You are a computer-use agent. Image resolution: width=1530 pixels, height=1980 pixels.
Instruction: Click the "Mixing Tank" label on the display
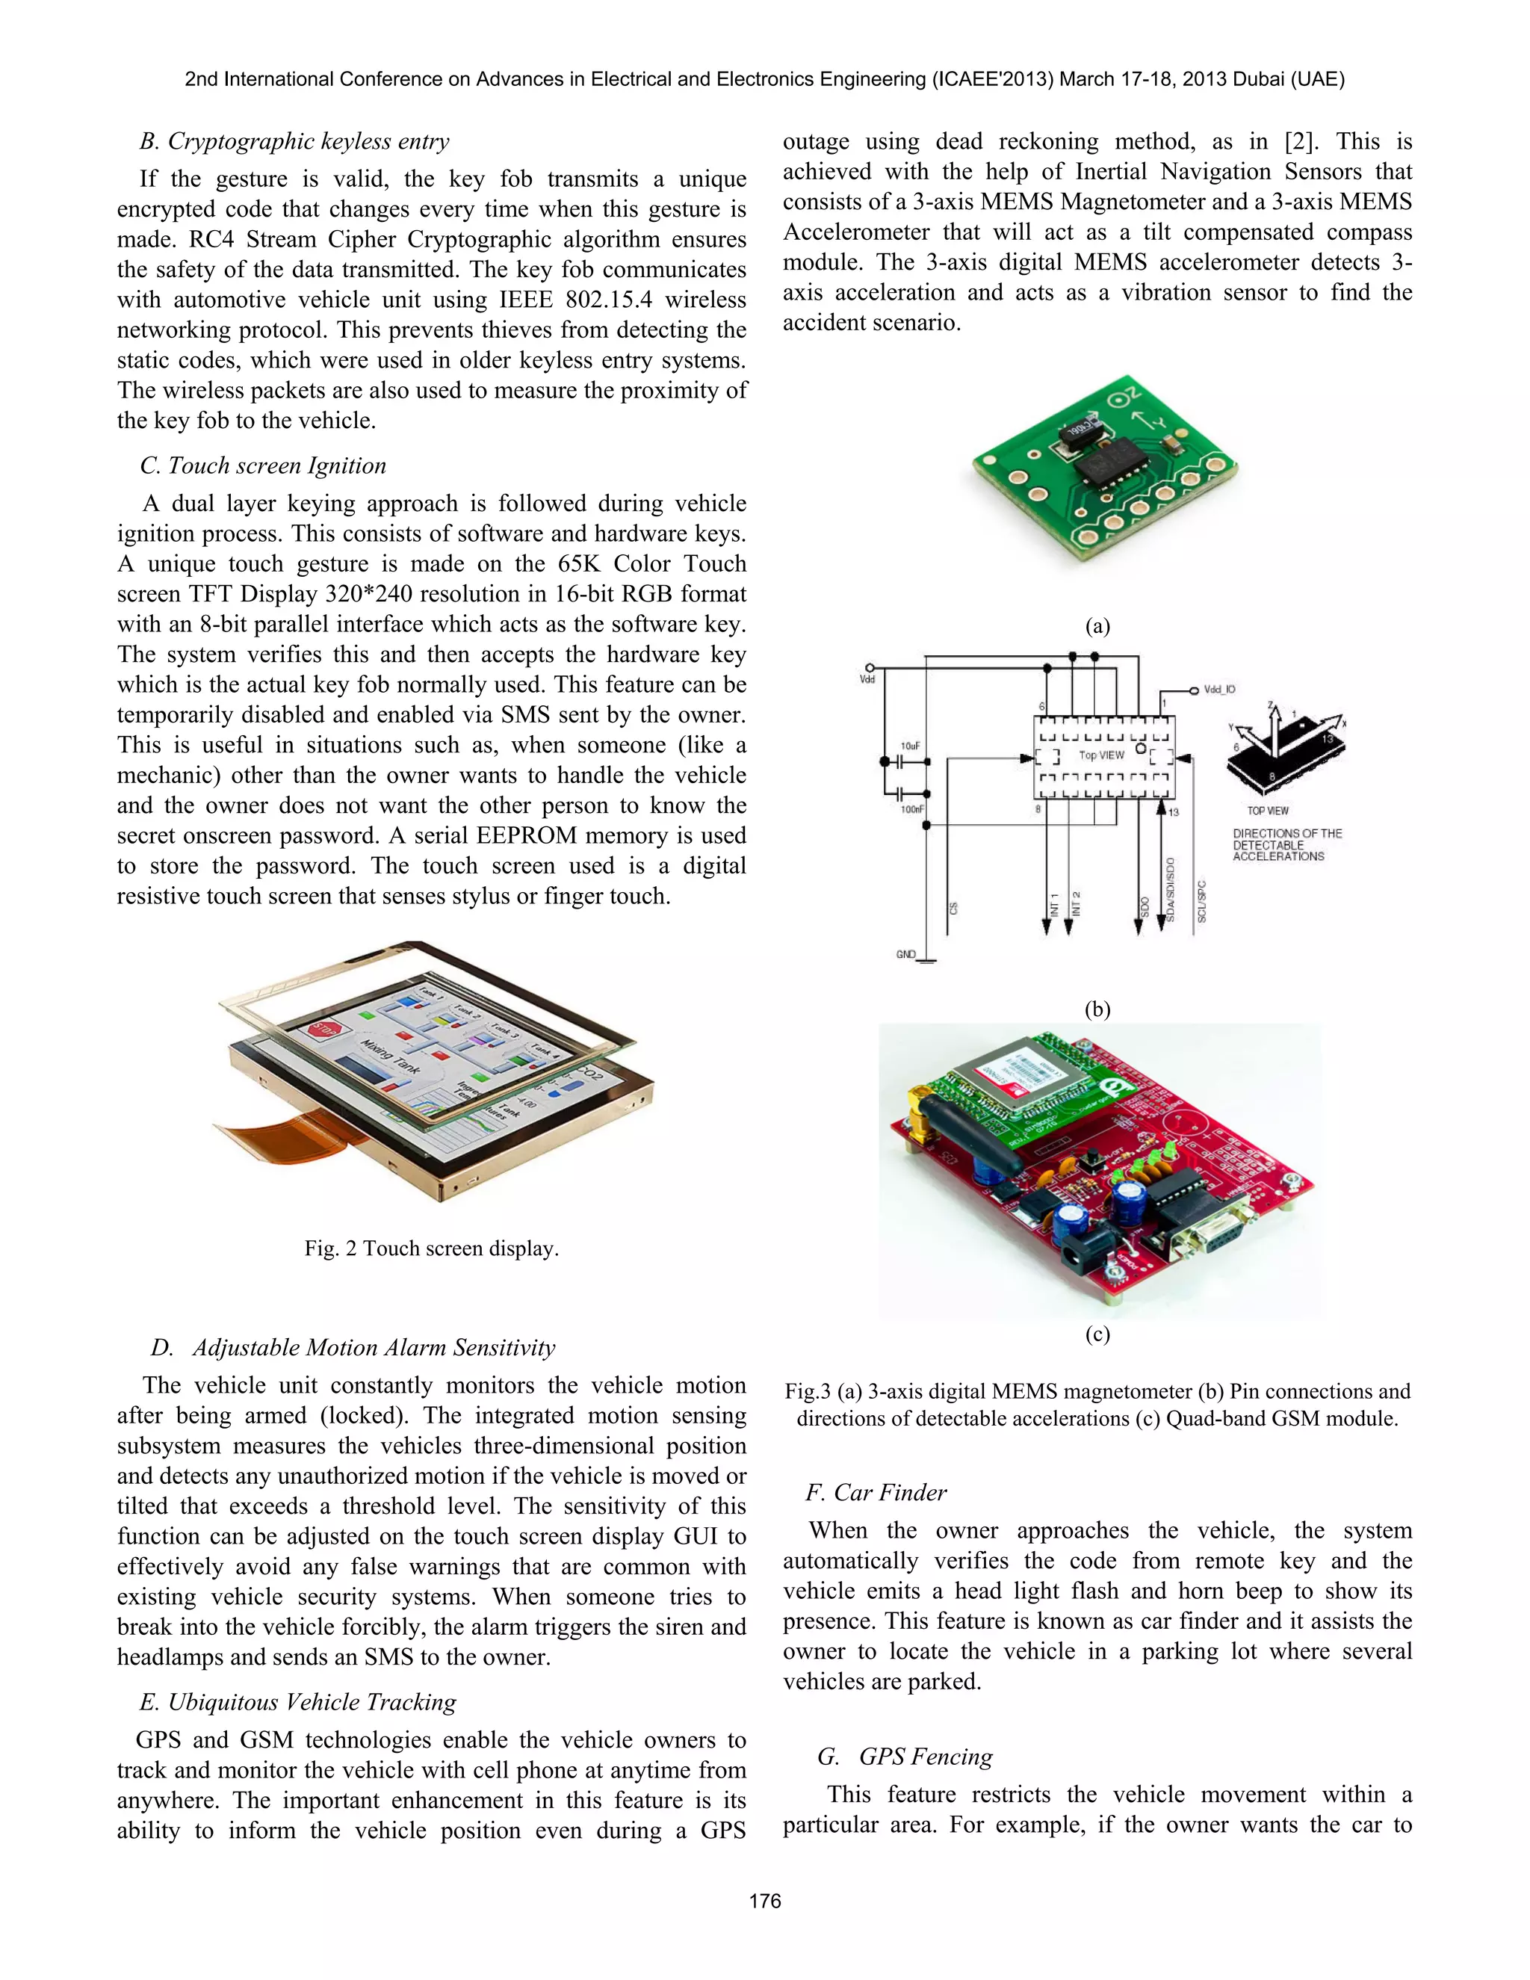(x=391, y=1057)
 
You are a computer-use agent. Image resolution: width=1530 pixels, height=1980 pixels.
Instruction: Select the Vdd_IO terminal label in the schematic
(x=1219, y=690)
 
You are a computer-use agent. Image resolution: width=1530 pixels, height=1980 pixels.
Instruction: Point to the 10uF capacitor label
(x=910, y=745)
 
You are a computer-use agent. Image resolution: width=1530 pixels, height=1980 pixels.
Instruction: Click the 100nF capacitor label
(x=912, y=808)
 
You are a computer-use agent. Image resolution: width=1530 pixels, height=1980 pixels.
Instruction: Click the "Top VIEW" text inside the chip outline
(x=1101, y=755)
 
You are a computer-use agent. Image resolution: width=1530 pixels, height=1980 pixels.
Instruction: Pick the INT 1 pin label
(x=1054, y=904)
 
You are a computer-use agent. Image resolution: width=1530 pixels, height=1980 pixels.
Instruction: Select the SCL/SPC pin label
(x=1202, y=901)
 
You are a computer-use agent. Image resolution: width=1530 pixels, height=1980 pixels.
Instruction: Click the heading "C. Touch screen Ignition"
(x=263, y=466)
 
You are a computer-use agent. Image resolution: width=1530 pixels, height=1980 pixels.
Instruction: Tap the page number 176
(x=765, y=1901)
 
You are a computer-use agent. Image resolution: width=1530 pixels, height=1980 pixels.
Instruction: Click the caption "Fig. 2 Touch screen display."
(x=432, y=1249)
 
